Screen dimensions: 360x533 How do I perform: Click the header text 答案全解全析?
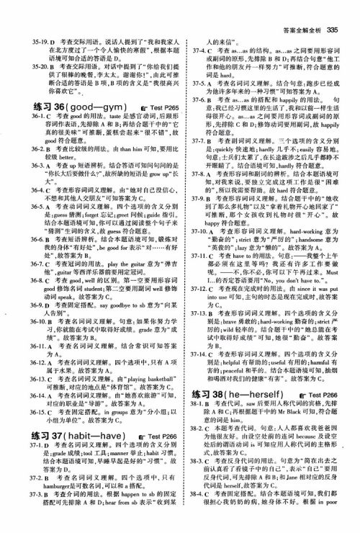(x=300, y=9)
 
